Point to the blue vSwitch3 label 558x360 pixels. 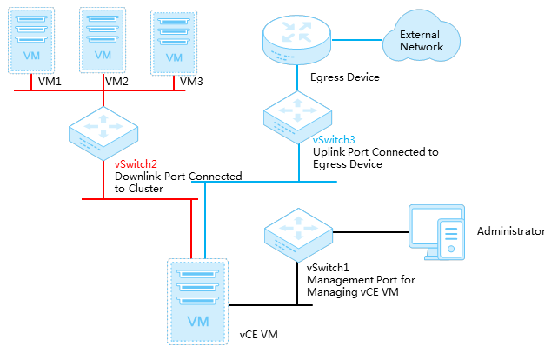tap(334, 139)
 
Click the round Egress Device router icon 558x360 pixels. tap(296, 41)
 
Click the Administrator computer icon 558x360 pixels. tap(436, 232)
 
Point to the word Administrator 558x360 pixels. tap(511, 232)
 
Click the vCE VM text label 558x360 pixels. tap(260, 334)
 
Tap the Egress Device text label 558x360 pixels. tap(345, 77)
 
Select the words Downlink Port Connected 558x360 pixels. tap(178, 177)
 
